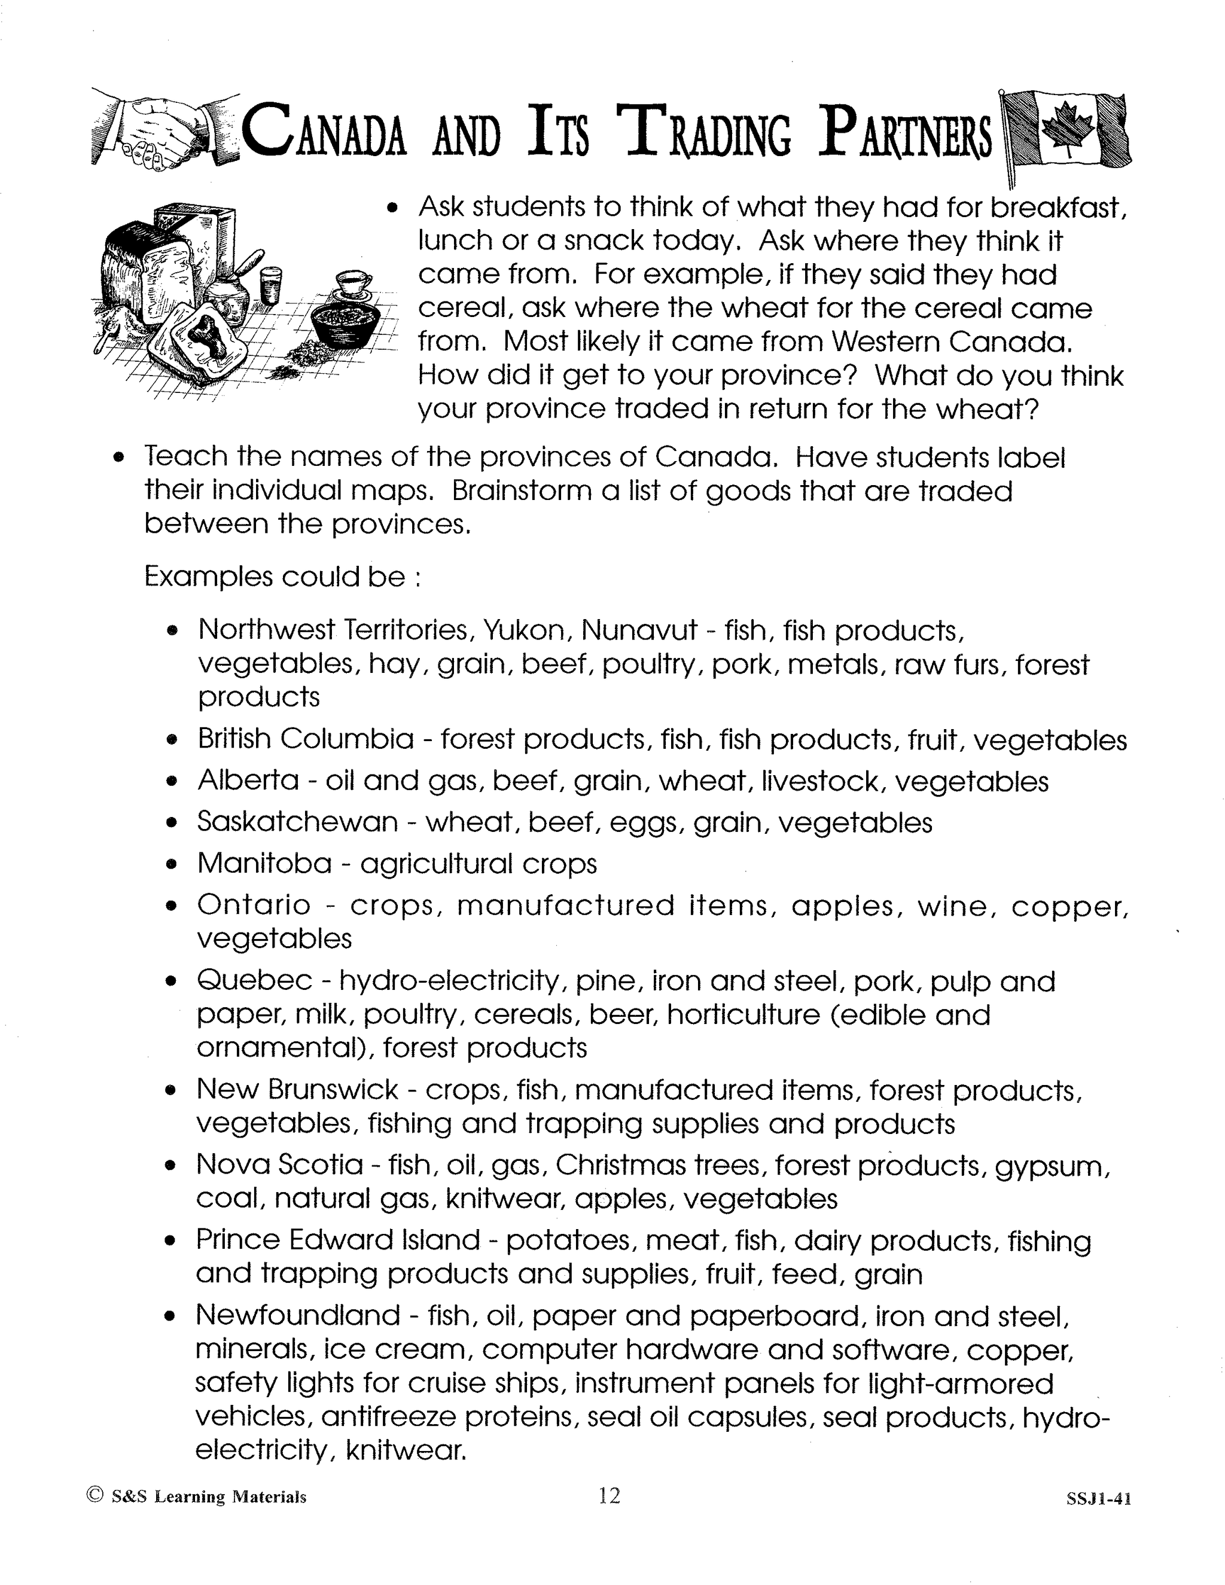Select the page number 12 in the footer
point(610,1495)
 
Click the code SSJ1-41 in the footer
point(1099,1498)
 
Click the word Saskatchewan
point(297,822)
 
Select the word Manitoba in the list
point(264,864)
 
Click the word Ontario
point(254,905)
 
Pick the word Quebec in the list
point(255,981)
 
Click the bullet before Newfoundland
point(171,1316)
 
